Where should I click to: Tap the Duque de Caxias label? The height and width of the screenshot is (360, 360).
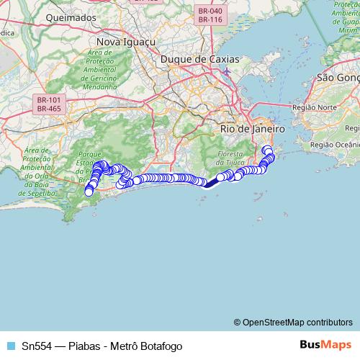pos(194,59)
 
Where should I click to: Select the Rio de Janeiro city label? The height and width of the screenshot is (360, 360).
pos(253,128)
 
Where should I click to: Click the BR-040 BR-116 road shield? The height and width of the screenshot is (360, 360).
pos(210,15)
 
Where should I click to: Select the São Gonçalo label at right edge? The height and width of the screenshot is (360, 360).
pos(338,77)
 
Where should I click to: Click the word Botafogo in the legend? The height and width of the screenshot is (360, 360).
pos(159,346)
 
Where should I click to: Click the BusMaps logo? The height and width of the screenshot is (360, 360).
pos(325,345)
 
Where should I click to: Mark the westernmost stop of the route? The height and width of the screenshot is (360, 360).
pos(89,192)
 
